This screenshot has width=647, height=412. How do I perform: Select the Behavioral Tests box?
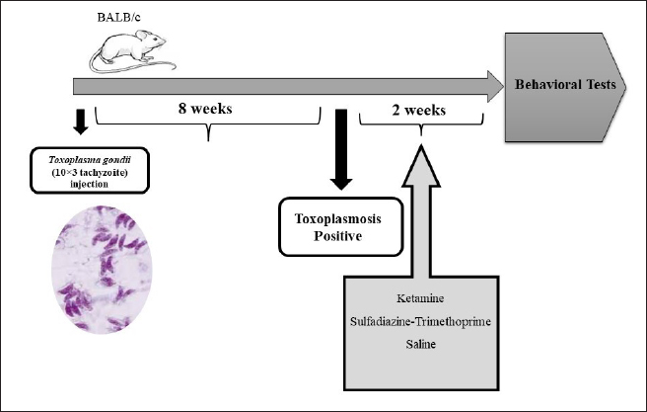565,85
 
